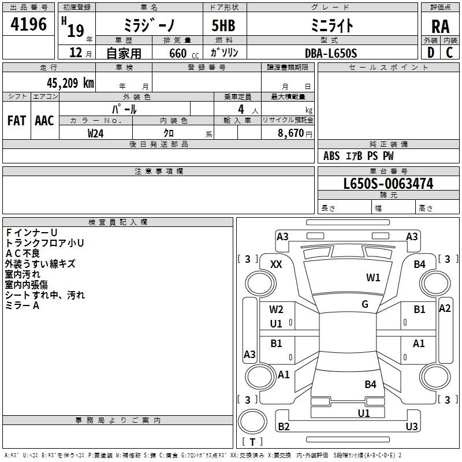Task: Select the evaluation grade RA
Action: (440, 27)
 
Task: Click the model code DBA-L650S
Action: (331, 53)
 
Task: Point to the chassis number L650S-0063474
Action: (388, 184)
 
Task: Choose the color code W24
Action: (96, 133)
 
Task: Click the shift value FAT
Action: (17, 120)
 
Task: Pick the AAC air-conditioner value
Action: (44, 120)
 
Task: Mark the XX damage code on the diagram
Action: (276, 264)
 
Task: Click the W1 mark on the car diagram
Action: (373, 278)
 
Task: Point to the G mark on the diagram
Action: (365, 304)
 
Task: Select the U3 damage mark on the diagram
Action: (411, 427)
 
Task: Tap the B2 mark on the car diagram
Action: (284, 427)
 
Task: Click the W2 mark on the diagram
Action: (276, 310)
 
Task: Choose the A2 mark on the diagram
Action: (445, 308)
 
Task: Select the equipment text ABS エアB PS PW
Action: (359, 156)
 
